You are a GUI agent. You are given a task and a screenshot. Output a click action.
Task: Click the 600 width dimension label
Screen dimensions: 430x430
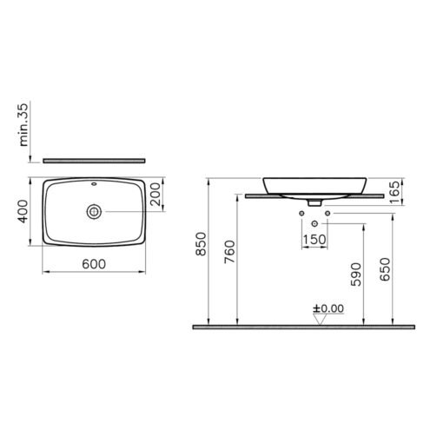(x=94, y=264)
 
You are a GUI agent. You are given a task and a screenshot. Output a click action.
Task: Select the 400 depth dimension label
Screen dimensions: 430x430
(x=23, y=211)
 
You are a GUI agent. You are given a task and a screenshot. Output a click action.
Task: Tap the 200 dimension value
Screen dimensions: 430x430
(x=156, y=194)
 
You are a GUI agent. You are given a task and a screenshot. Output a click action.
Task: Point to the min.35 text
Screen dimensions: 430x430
(x=23, y=124)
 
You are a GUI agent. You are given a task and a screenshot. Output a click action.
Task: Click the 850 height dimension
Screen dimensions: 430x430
(x=201, y=244)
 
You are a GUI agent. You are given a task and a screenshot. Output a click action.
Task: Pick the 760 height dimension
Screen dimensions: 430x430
(x=230, y=252)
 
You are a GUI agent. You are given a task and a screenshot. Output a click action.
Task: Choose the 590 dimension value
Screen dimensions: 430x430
(x=356, y=275)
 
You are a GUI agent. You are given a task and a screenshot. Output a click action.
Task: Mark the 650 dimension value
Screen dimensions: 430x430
(x=385, y=269)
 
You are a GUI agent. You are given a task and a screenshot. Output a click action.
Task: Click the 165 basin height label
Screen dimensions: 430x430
(x=396, y=192)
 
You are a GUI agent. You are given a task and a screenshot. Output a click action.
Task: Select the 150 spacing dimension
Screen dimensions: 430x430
(x=314, y=240)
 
